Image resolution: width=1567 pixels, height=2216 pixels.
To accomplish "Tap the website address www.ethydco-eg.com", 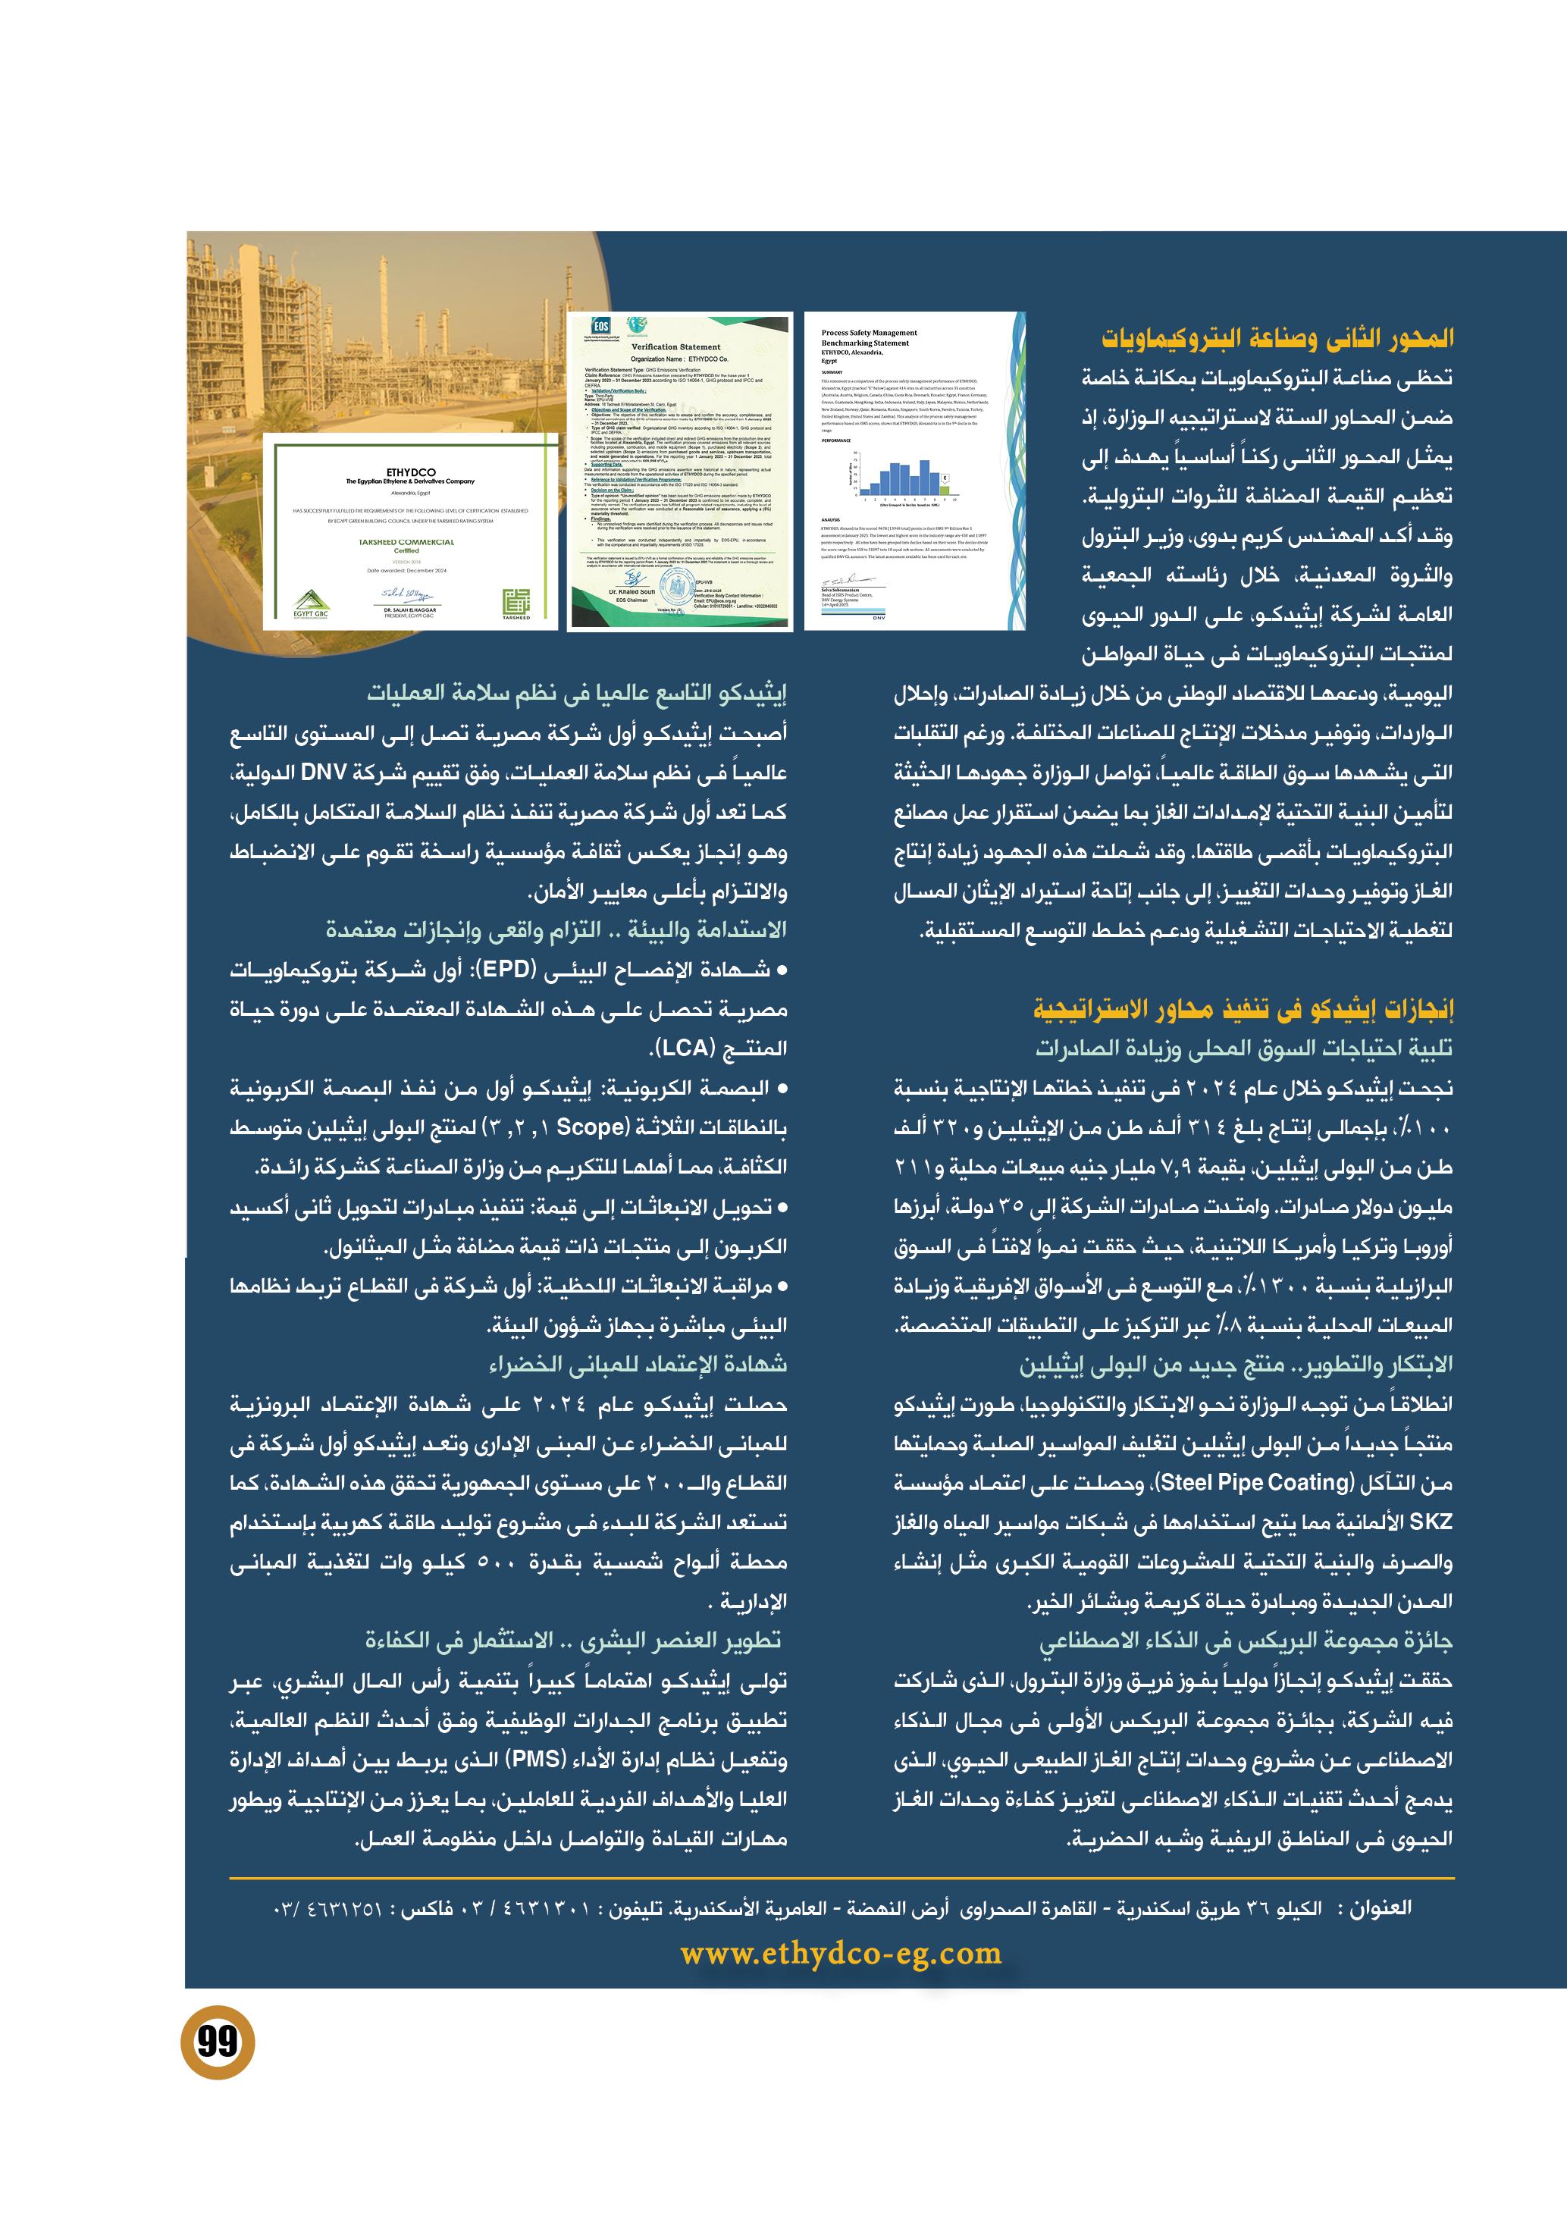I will pos(841,1954).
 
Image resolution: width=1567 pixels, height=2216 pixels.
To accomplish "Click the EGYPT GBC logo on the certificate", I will pos(311,604).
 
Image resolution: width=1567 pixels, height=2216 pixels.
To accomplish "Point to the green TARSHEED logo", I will pos(516,602).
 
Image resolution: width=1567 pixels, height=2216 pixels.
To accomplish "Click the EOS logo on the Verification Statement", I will pos(600,328).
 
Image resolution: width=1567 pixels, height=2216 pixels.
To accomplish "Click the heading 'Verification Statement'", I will pos(675,346).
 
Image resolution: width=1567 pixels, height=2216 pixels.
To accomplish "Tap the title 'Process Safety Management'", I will pos(869,333).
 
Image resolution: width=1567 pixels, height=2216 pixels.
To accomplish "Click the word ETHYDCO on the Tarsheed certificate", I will pos(410,472).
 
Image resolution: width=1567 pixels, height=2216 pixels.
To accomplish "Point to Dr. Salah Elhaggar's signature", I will pos(407,594).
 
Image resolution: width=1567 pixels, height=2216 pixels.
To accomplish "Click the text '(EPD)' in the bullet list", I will pos(507,969).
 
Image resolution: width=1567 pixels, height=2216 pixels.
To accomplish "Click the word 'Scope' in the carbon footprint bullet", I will pos(591,1127).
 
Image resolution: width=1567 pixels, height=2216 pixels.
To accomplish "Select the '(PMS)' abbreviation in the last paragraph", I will pos(537,1760).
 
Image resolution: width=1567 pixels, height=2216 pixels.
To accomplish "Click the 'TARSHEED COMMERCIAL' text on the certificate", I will pos(406,542).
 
